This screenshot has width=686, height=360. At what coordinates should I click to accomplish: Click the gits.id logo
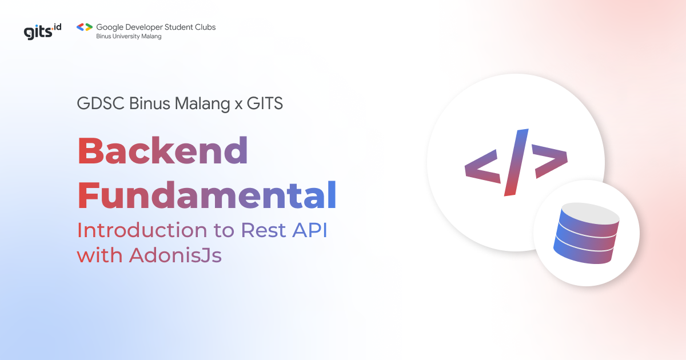pyautogui.click(x=42, y=30)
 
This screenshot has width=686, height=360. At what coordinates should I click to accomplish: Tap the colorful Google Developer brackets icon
pyautogui.click(x=84, y=27)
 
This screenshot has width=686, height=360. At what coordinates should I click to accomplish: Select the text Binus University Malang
pyautogui.click(x=129, y=37)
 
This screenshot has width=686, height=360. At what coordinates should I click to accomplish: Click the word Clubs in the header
pyautogui.click(x=204, y=27)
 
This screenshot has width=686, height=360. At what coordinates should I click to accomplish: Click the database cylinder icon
pyautogui.click(x=587, y=235)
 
